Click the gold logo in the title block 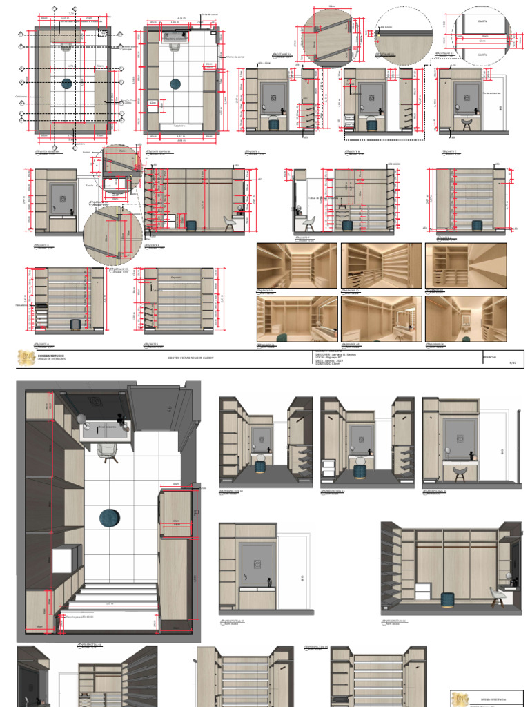[x=27, y=357]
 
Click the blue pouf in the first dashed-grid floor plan [x=66, y=84]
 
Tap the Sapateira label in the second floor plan [x=179, y=126]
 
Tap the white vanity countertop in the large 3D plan [x=106, y=432]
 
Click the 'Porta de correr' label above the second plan [x=208, y=14]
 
